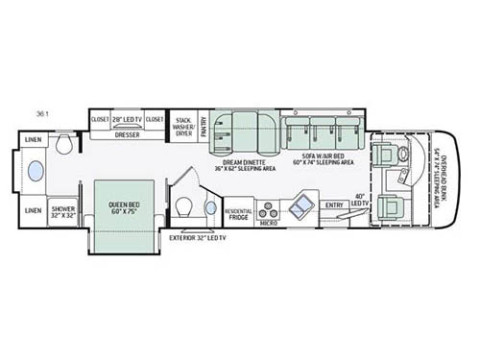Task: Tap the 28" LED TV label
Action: click(x=127, y=119)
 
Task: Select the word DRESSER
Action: click(x=127, y=134)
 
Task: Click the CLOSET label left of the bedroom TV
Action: click(x=100, y=119)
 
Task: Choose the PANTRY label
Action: click(x=204, y=125)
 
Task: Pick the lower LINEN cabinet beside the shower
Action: click(x=33, y=209)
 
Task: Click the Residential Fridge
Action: click(x=239, y=212)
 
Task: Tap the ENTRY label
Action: click(x=334, y=205)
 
